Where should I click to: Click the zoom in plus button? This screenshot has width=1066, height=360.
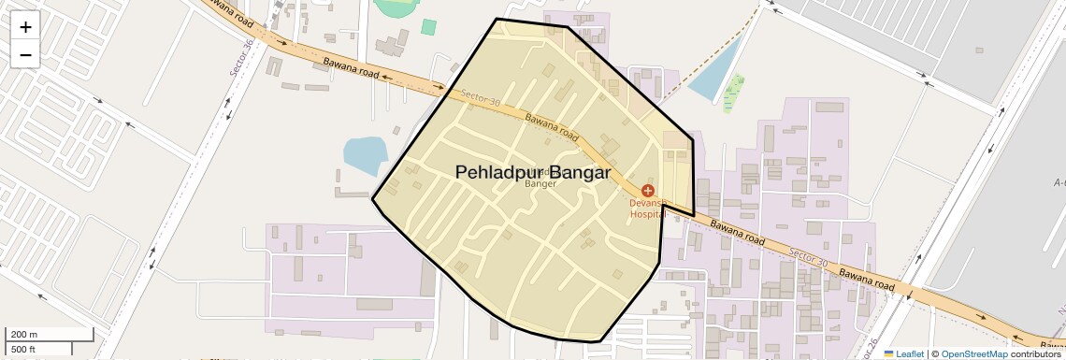[25, 27]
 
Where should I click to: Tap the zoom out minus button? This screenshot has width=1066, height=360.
[25, 54]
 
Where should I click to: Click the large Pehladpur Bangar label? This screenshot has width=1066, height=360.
[533, 172]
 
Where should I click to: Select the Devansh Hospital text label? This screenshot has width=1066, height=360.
[647, 208]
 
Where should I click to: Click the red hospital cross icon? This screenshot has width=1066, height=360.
[648, 191]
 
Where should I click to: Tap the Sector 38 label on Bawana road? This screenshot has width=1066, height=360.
[482, 98]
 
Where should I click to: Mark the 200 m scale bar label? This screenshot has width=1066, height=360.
[24, 335]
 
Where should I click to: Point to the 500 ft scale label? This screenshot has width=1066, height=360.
[24, 349]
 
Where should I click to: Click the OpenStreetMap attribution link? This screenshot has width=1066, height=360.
[974, 353]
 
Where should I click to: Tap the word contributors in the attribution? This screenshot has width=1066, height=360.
[1035, 353]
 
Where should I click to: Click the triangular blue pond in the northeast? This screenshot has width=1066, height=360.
[714, 76]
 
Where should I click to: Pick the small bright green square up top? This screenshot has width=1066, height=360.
[428, 27]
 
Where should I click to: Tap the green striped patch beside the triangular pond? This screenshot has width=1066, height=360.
[735, 92]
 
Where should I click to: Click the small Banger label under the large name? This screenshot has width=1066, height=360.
[540, 184]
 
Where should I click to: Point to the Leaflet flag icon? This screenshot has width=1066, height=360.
[889, 353]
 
